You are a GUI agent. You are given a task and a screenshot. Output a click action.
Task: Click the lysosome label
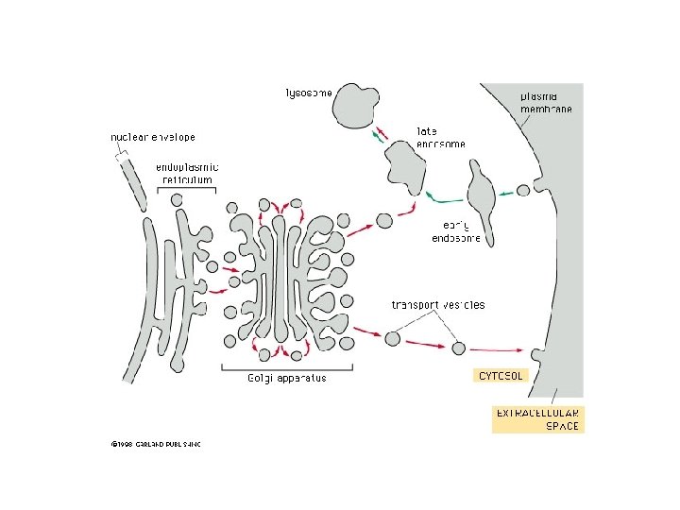coord(308,93)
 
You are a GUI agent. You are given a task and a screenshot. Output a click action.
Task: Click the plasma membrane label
coord(545,102)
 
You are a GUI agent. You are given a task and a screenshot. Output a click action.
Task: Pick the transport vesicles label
coord(437,304)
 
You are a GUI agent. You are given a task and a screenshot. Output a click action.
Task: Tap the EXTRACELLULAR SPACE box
coord(538,419)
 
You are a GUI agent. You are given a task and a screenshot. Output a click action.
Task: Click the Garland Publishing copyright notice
coord(155,443)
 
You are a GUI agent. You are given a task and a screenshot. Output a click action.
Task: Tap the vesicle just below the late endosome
coord(384,221)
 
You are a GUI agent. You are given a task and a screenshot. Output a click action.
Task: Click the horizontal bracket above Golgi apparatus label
coord(280,367)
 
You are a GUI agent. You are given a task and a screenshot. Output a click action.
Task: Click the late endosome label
coord(440,138)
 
